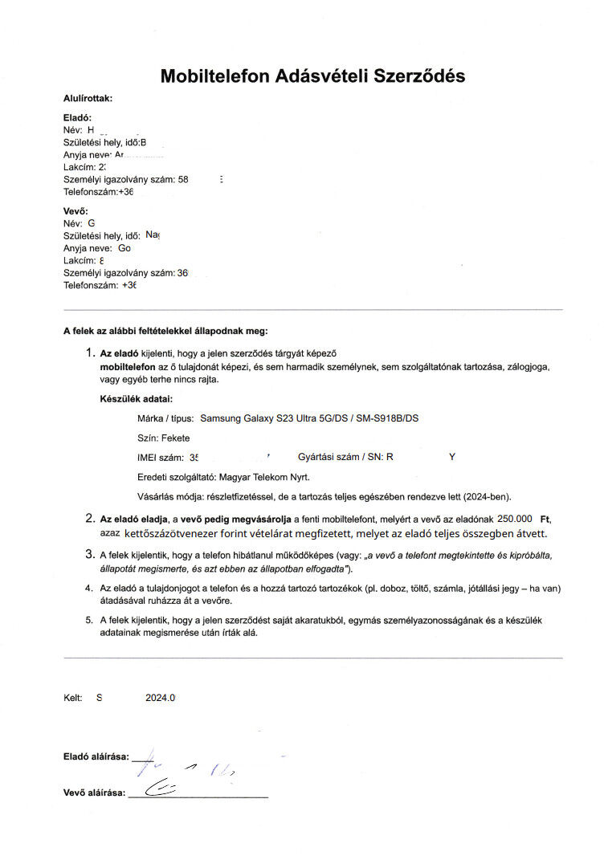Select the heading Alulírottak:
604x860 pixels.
tap(88, 98)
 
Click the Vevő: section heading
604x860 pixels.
tap(75, 211)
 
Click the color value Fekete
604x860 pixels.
tap(176, 438)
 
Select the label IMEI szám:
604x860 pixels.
tap(161, 457)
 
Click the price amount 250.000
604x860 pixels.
tap(516, 519)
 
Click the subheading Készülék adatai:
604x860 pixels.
tap(136, 398)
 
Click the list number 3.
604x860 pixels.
tap(90, 554)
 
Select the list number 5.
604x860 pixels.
tap(90, 620)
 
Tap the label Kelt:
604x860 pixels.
tap(73, 698)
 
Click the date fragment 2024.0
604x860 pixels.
tap(160, 698)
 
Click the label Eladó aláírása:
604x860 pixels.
tap(96, 756)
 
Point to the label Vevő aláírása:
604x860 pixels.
tap(94, 793)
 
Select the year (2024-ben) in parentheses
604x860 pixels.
tap(485, 495)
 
